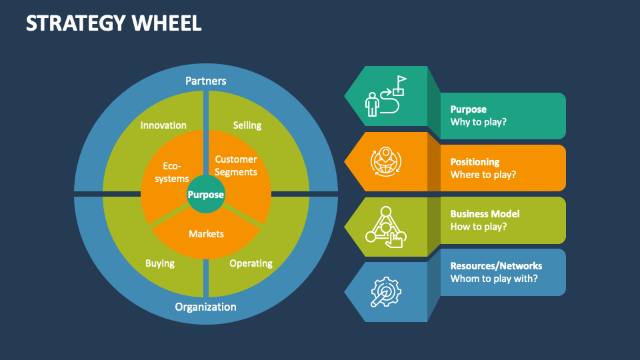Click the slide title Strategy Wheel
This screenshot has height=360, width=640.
click(113, 23)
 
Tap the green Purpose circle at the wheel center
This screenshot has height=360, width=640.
click(206, 195)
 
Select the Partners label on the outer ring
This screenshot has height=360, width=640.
click(206, 81)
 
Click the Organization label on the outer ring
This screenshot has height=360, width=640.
click(206, 307)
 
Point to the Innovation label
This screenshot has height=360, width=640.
click(163, 125)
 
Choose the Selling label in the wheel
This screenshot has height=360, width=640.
click(247, 125)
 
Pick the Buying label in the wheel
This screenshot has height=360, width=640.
click(160, 263)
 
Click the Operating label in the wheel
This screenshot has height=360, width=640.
click(251, 263)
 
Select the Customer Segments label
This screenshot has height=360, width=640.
click(236, 165)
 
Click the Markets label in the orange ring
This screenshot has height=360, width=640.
click(206, 234)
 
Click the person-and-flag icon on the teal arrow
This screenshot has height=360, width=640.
click(386, 96)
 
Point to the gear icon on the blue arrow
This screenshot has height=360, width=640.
click(386, 292)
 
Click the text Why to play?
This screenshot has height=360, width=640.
click(478, 123)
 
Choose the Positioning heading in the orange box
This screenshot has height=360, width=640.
click(475, 162)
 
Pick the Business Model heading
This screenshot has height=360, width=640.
click(485, 214)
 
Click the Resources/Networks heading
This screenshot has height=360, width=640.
click(496, 266)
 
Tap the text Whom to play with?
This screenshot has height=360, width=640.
click(494, 279)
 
